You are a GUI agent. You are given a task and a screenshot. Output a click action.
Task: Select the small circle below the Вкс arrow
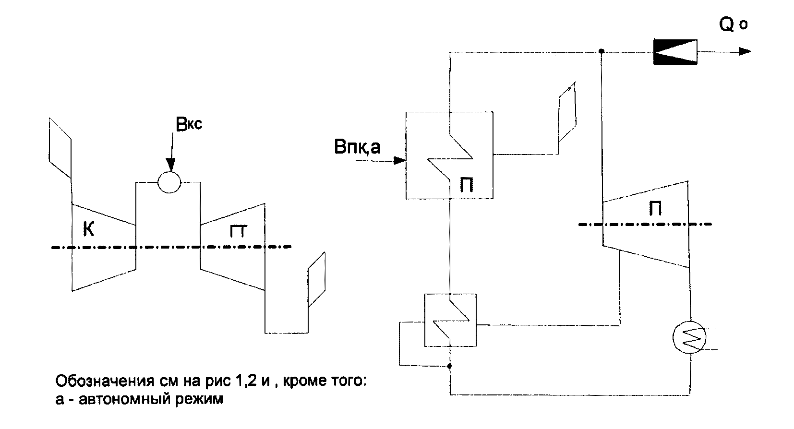click(x=169, y=182)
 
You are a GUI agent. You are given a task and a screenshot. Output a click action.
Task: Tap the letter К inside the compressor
click(x=88, y=230)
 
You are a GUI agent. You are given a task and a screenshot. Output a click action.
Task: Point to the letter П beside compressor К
click(x=239, y=231)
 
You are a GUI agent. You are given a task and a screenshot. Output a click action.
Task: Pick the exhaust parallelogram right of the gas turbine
click(x=316, y=280)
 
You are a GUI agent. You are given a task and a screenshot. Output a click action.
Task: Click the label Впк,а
click(x=357, y=146)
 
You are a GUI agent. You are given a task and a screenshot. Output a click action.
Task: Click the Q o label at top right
click(x=733, y=24)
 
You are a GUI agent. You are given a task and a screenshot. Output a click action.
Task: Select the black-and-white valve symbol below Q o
click(x=675, y=51)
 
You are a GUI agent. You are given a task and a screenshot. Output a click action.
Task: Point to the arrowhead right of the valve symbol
click(x=745, y=51)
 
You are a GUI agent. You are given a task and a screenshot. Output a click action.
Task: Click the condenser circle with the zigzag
click(x=690, y=337)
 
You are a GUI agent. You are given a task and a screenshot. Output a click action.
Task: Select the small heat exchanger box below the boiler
click(x=450, y=320)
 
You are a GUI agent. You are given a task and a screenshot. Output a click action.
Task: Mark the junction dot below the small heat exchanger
click(x=450, y=366)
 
